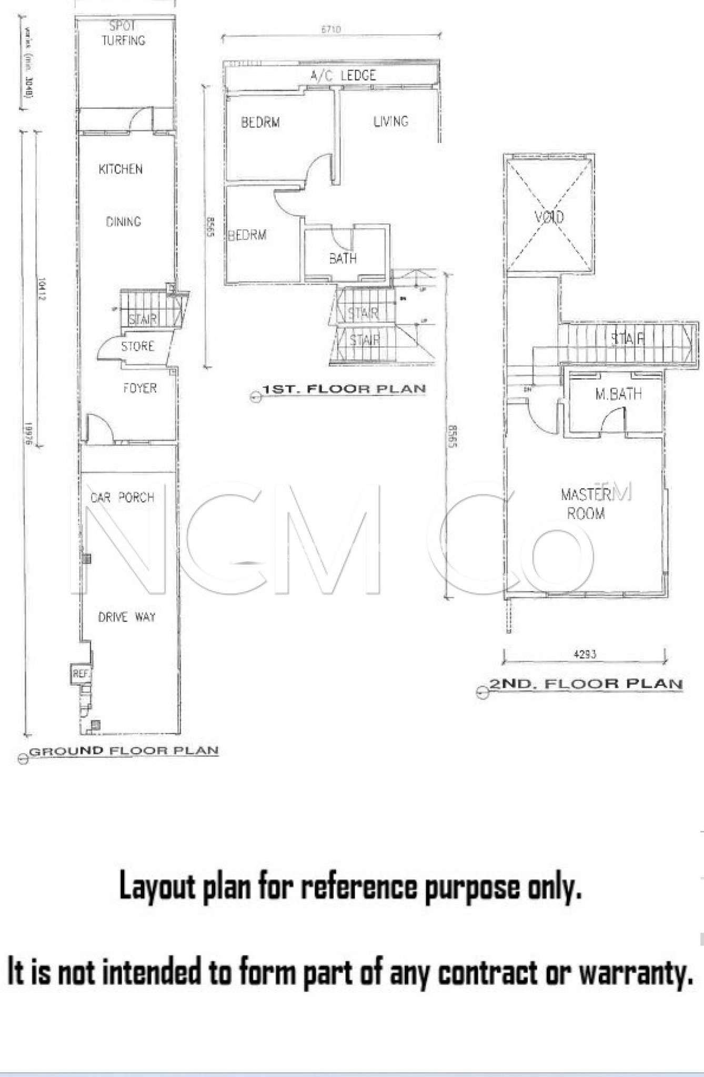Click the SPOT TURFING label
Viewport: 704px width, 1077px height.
[x=123, y=33]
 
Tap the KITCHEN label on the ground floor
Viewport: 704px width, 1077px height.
[x=120, y=169]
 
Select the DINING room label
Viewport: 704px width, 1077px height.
[x=124, y=221]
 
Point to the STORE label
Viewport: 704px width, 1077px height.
[x=138, y=347]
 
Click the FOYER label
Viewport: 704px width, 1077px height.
[x=140, y=388]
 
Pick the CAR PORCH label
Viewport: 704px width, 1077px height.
[x=123, y=497]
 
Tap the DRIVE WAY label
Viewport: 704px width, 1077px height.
[x=127, y=617]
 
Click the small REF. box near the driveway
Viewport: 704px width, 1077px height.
[x=81, y=674]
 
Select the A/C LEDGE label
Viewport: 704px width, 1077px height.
[x=343, y=76]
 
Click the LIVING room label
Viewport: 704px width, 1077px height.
[x=391, y=121]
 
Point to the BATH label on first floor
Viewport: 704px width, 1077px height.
[x=343, y=258]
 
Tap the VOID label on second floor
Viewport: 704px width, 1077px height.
[x=549, y=217]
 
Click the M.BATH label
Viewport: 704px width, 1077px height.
[x=618, y=394]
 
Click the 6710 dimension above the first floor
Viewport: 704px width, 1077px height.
[x=330, y=29]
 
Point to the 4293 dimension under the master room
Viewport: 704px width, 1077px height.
[x=585, y=655]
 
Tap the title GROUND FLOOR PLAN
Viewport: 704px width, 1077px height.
[x=124, y=751]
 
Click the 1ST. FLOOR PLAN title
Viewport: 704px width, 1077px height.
[x=344, y=389]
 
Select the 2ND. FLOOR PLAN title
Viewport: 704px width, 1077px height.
[x=586, y=684]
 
